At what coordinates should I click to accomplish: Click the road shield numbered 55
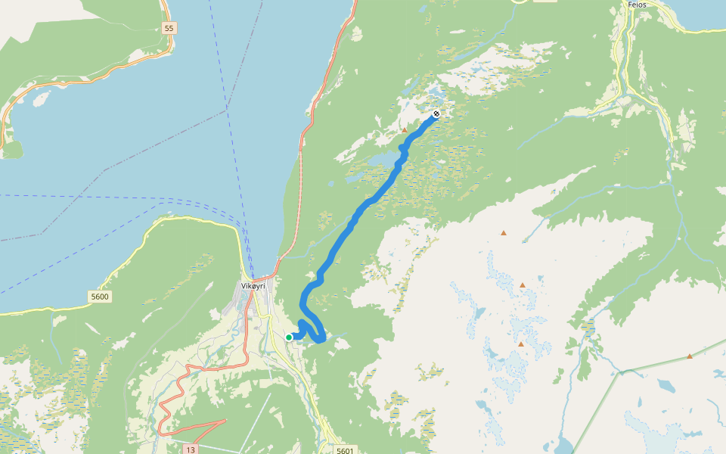tap(168, 28)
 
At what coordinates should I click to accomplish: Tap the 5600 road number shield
tap(99, 297)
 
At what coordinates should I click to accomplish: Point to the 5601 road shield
tap(344, 450)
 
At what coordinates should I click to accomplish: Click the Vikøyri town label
tap(255, 286)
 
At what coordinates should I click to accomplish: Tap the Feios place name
tap(638, 5)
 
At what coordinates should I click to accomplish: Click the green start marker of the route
tap(289, 337)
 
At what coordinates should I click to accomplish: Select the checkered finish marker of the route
tap(436, 114)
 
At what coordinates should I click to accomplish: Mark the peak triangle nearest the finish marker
tap(405, 130)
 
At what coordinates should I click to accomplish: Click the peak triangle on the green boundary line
tap(690, 356)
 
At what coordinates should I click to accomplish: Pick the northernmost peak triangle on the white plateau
tap(504, 233)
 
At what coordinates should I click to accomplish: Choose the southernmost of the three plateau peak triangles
tap(521, 344)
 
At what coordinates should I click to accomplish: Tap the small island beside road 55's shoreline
tap(41, 98)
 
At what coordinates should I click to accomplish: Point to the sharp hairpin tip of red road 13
tap(225, 420)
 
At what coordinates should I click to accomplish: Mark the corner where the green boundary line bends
tap(621, 372)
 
